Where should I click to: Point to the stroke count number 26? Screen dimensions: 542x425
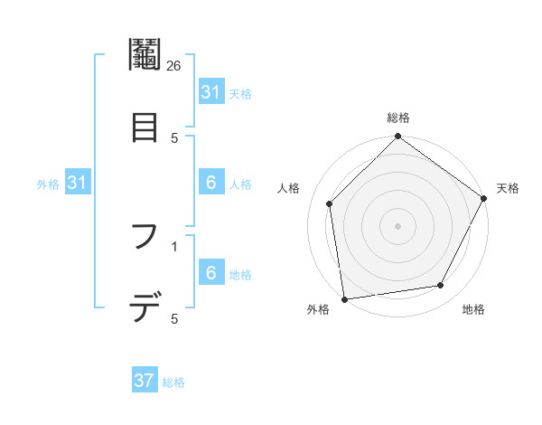pos(174,65)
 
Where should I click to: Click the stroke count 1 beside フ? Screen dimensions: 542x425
pos(174,245)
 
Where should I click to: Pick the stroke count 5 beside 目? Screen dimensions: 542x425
pos(174,137)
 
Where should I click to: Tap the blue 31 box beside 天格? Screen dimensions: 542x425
pos(210,92)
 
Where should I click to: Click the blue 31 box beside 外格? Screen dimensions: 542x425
pos(78,184)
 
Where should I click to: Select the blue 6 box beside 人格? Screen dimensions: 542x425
pos(210,184)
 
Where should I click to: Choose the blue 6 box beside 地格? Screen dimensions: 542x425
pos(210,274)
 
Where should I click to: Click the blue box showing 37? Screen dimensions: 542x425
pos(145,381)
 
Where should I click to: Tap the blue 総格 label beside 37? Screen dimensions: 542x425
pos(173,382)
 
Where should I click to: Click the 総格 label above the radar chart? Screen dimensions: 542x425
pos(397,118)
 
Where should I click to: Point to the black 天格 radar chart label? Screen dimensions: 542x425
pos(508,188)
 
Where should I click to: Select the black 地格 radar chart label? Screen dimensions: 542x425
pos(473,309)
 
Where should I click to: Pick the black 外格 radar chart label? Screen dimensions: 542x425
pos(318,309)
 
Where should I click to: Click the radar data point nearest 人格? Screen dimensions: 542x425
pos(330,203)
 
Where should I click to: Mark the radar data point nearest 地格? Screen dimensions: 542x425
pos(441,286)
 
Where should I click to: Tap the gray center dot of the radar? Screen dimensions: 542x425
pos(397,225)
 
